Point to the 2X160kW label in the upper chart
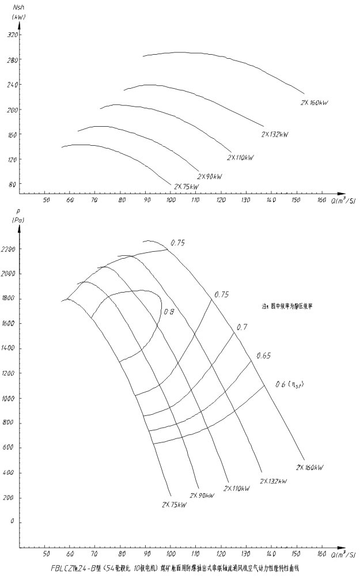pos(314,103)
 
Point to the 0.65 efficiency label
pos(263,355)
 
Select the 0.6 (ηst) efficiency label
pos(290,384)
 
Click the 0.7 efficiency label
pos(242,327)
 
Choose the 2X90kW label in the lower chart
pos(202,495)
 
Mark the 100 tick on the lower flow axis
pos(170,554)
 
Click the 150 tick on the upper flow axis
pos(295,200)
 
